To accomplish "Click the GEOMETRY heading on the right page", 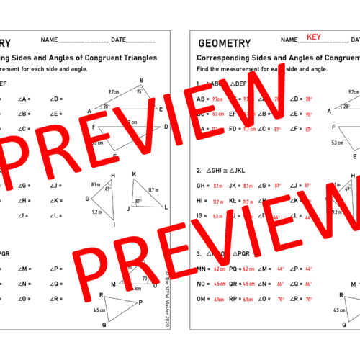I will click(224, 43).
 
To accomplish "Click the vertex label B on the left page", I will click(141, 81).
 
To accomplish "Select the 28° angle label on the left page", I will click(105, 106).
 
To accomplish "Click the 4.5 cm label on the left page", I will click(99, 310).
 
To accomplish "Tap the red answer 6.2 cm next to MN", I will click(220, 268).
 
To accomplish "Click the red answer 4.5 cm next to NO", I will click(220, 283).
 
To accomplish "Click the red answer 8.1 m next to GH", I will click(218, 185).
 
